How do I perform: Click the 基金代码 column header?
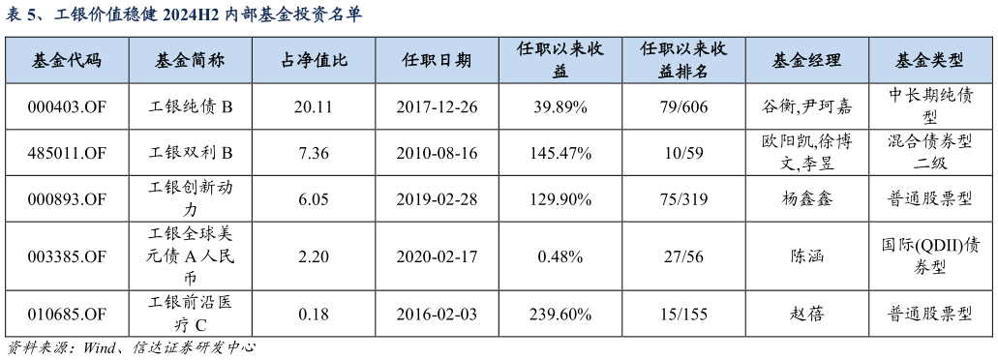[67, 61]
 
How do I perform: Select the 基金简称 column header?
[190, 61]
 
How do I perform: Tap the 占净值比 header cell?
[314, 61]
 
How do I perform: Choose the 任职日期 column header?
[437, 61]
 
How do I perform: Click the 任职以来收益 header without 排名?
[560, 60]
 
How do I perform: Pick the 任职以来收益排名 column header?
[683, 60]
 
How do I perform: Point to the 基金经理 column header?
[806, 61]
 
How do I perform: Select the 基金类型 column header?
[929, 61]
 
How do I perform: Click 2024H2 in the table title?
[193, 15]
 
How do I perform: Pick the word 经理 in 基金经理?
[824, 61]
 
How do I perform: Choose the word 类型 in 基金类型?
[947, 61]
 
